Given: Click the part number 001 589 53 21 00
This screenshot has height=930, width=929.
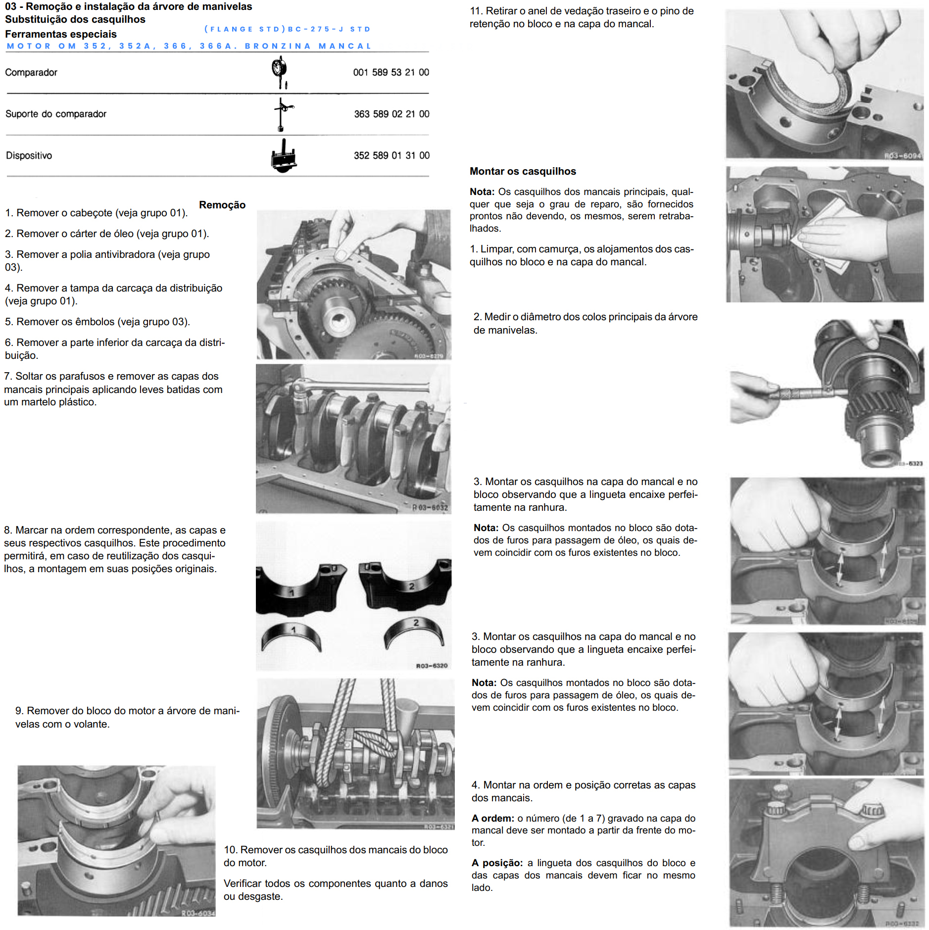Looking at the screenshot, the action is click(391, 72).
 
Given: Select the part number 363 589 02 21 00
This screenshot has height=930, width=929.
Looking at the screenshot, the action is click(391, 114).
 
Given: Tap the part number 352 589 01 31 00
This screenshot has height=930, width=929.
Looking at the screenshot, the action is click(391, 155).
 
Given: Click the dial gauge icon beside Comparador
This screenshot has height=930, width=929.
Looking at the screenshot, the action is click(280, 72).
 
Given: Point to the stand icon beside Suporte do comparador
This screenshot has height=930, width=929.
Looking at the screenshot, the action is click(283, 114).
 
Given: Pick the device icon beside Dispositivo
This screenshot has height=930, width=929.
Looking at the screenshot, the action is click(284, 156).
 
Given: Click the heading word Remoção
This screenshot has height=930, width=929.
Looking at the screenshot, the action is click(222, 205).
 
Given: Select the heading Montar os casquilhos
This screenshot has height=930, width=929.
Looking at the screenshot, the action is click(523, 171).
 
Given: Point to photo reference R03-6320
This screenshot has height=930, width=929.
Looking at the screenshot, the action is click(432, 666).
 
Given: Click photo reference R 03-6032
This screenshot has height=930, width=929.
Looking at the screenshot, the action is click(430, 507).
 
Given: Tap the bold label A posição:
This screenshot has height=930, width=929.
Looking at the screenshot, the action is click(497, 863).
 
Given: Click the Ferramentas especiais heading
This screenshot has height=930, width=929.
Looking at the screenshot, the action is click(61, 34).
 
